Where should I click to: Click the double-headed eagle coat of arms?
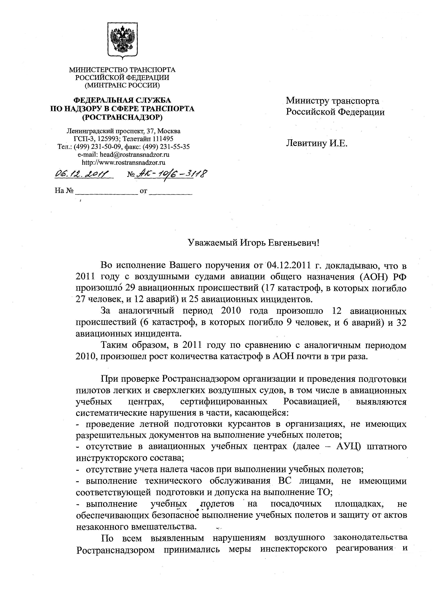pyautogui.click(x=123, y=40)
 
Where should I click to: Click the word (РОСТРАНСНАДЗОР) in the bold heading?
pyautogui.click(x=122, y=117)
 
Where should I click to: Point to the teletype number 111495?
pyautogui.click(x=163, y=139)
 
